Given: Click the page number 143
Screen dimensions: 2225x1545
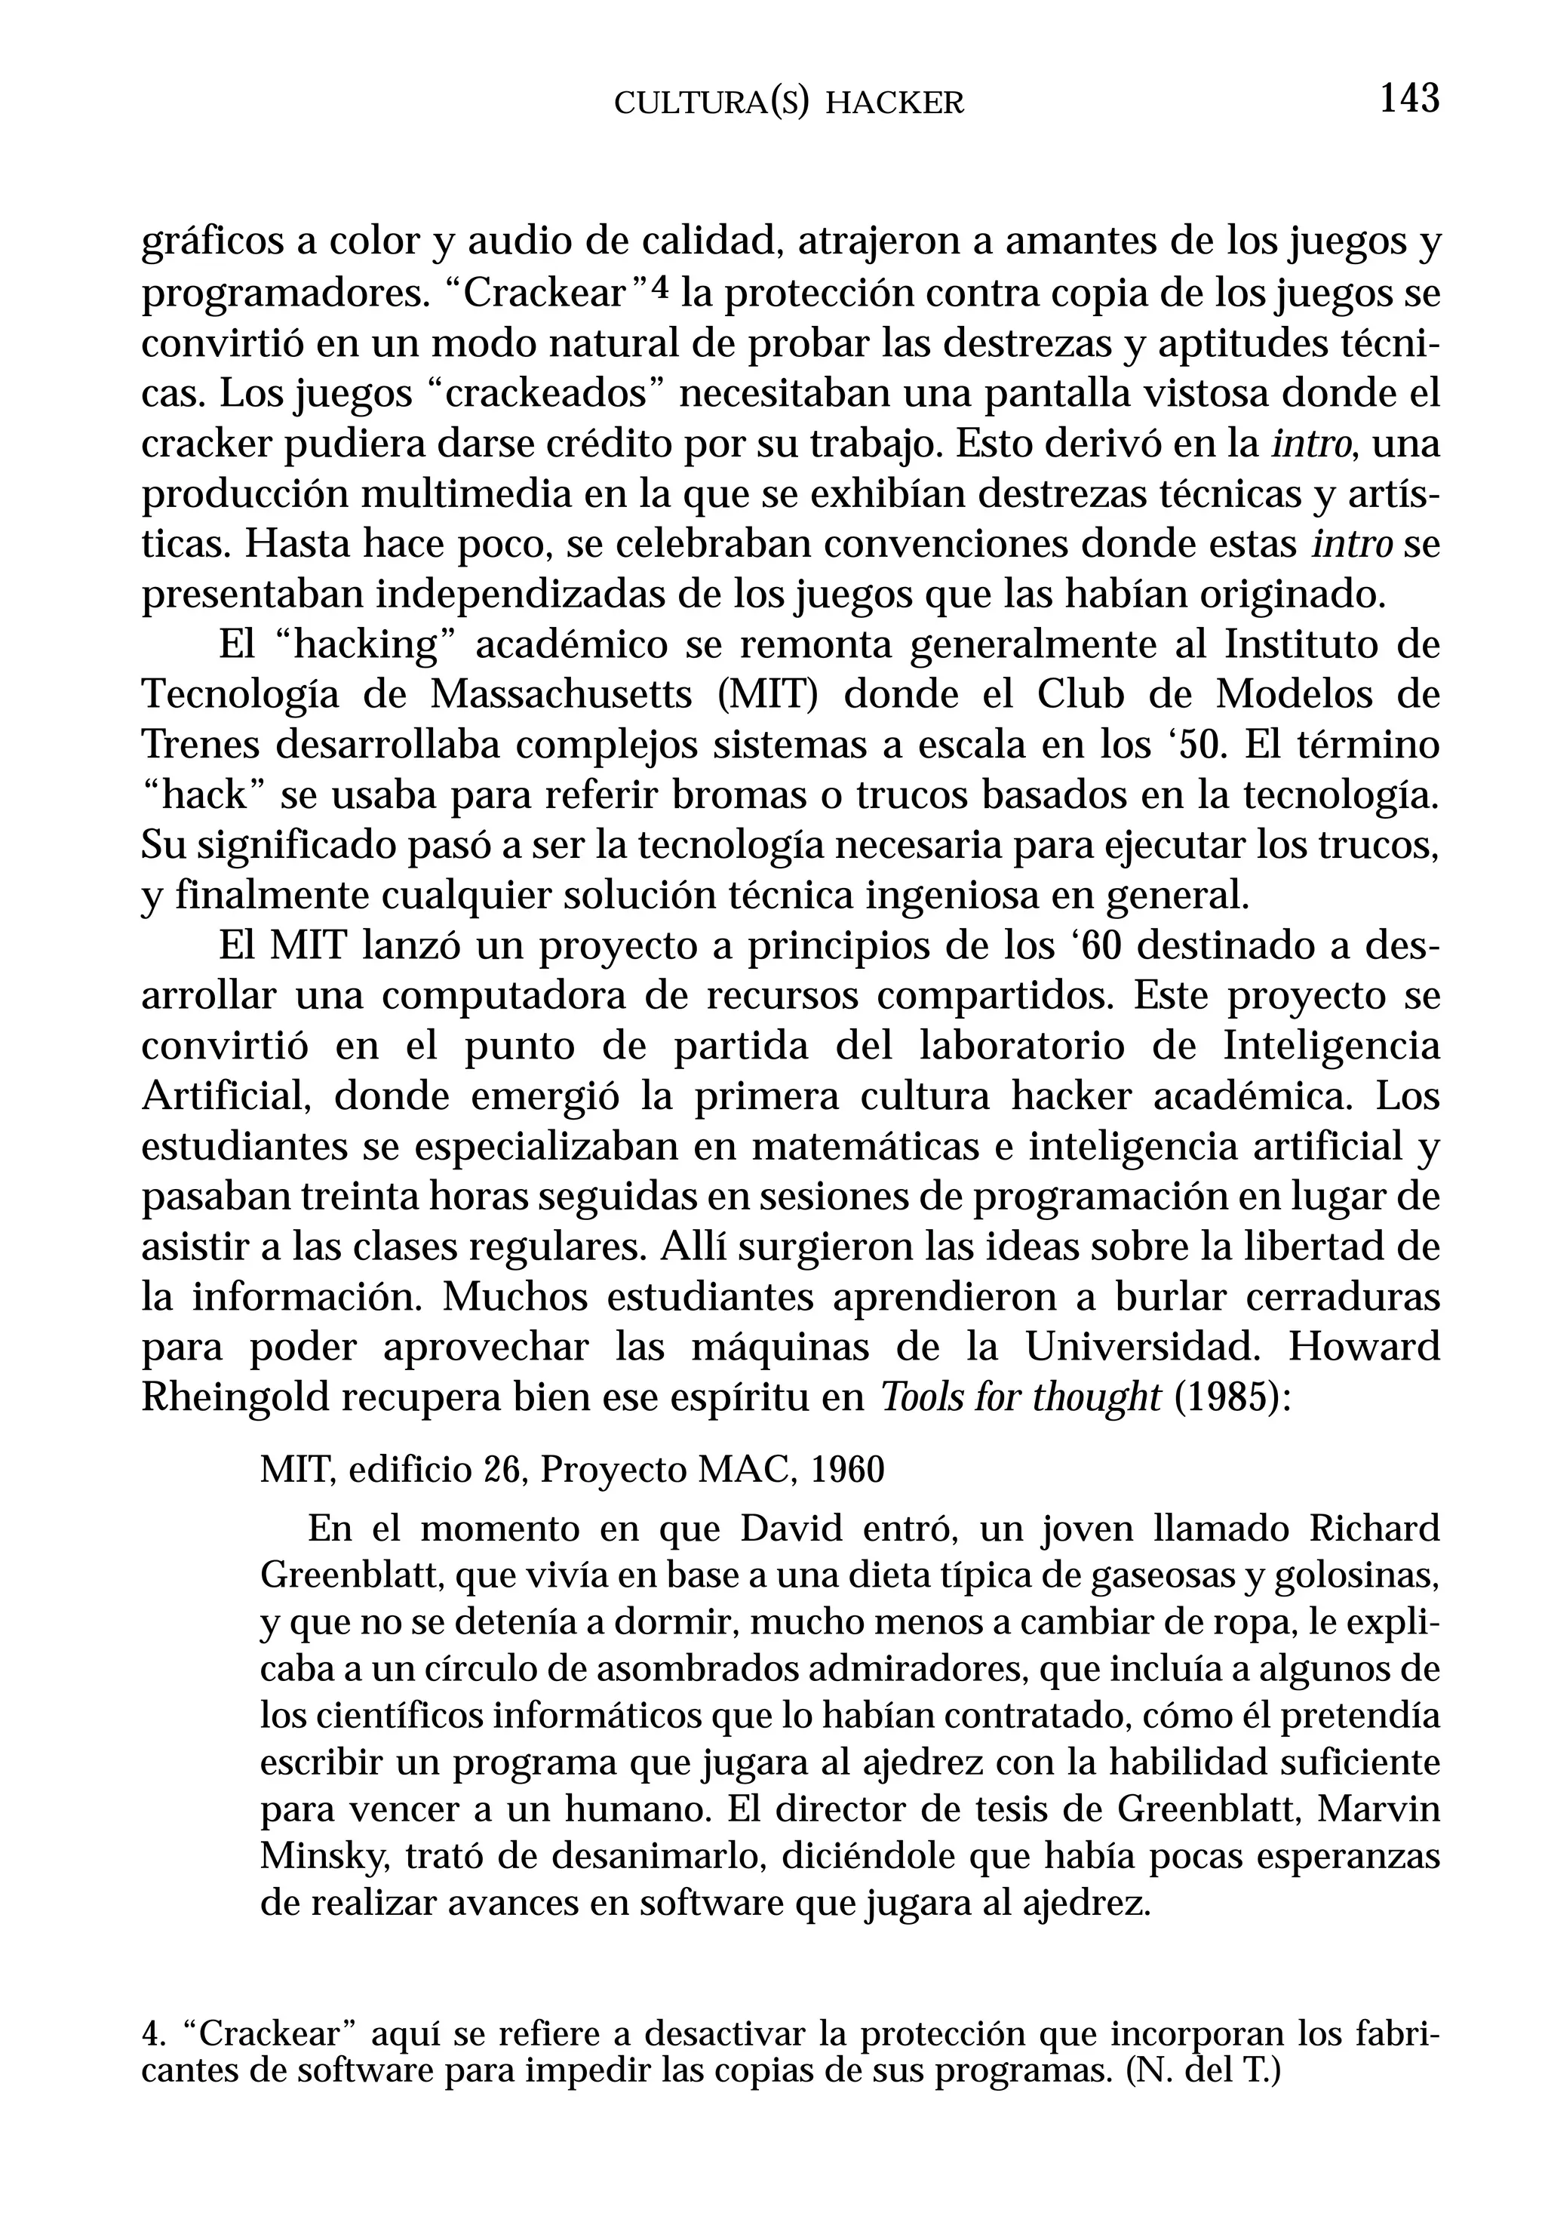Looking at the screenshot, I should click(x=1408, y=99).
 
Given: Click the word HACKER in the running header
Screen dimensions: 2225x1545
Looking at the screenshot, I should click(x=895, y=103).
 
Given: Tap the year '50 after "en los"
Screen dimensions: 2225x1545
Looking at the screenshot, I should click(x=1193, y=745).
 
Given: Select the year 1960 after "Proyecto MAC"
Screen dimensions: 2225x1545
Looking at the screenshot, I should click(x=847, y=1470).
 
